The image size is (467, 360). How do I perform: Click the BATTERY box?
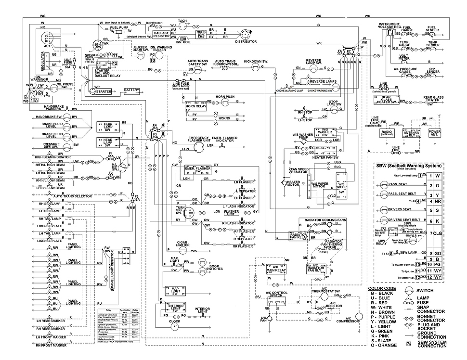(131, 90)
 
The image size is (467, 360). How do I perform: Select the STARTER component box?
(104, 91)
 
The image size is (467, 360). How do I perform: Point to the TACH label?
(182, 21)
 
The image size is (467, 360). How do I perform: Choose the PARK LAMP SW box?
(107, 127)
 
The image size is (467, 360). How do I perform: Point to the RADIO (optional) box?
(385, 132)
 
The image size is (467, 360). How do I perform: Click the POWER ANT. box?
(434, 132)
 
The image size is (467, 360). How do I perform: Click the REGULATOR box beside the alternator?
(43, 63)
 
